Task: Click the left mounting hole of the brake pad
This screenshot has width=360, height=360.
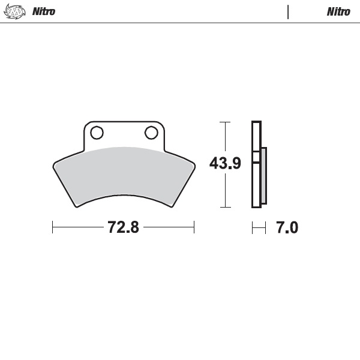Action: [97, 132]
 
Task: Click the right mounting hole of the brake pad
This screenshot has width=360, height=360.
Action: [150, 132]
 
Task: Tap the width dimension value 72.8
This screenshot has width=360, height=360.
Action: [123, 227]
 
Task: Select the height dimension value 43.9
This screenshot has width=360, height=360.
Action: [225, 163]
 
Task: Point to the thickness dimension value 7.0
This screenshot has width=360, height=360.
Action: [286, 227]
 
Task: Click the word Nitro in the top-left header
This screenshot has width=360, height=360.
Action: [43, 11]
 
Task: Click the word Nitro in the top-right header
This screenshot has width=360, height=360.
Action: [338, 11]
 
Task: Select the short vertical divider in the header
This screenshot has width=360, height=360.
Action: [288, 11]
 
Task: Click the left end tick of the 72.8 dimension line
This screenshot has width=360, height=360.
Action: [53, 227]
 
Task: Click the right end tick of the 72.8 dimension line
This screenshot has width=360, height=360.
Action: [194, 227]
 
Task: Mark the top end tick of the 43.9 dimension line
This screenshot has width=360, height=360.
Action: [225, 122]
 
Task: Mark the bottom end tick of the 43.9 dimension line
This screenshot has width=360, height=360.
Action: [225, 208]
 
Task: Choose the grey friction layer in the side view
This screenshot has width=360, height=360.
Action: [263, 177]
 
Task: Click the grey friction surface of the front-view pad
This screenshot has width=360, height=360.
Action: [123, 174]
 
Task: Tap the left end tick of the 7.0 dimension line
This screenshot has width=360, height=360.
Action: [253, 227]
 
